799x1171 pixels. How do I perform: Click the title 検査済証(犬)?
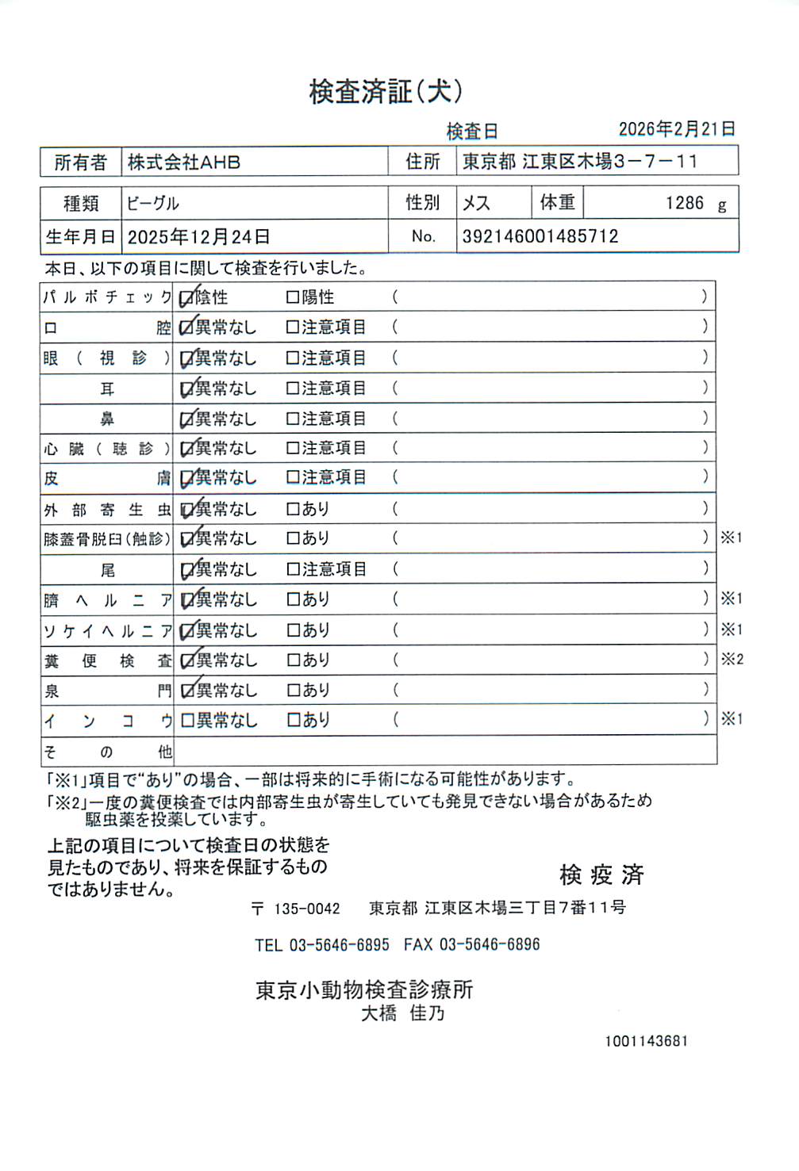(386, 92)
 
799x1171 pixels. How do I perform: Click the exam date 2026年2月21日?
(677, 129)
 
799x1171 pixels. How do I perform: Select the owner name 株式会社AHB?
(184, 163)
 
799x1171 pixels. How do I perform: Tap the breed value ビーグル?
(153, 204)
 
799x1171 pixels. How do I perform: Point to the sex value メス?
(476, 204)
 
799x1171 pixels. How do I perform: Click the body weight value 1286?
(684, 203)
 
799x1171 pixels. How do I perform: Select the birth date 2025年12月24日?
(198, 237)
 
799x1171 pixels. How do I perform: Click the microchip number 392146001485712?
(540, 236)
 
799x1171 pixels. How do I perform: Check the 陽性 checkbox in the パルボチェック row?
(293, 298)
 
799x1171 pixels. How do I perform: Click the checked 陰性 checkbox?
(187, 298)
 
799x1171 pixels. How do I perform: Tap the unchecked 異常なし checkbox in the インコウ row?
(187, 721)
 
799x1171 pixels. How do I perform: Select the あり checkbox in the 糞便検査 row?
(293, 660)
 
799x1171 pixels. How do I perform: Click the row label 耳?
(107, 389)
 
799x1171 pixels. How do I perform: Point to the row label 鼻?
(107, 419)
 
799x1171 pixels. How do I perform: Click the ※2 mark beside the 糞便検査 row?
(732, 660)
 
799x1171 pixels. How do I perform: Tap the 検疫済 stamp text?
(601, 875)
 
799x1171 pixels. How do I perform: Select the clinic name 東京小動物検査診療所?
(364, 990)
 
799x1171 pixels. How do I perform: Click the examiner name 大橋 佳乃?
(403, 1014)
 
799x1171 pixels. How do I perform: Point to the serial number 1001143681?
(646, 1041)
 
